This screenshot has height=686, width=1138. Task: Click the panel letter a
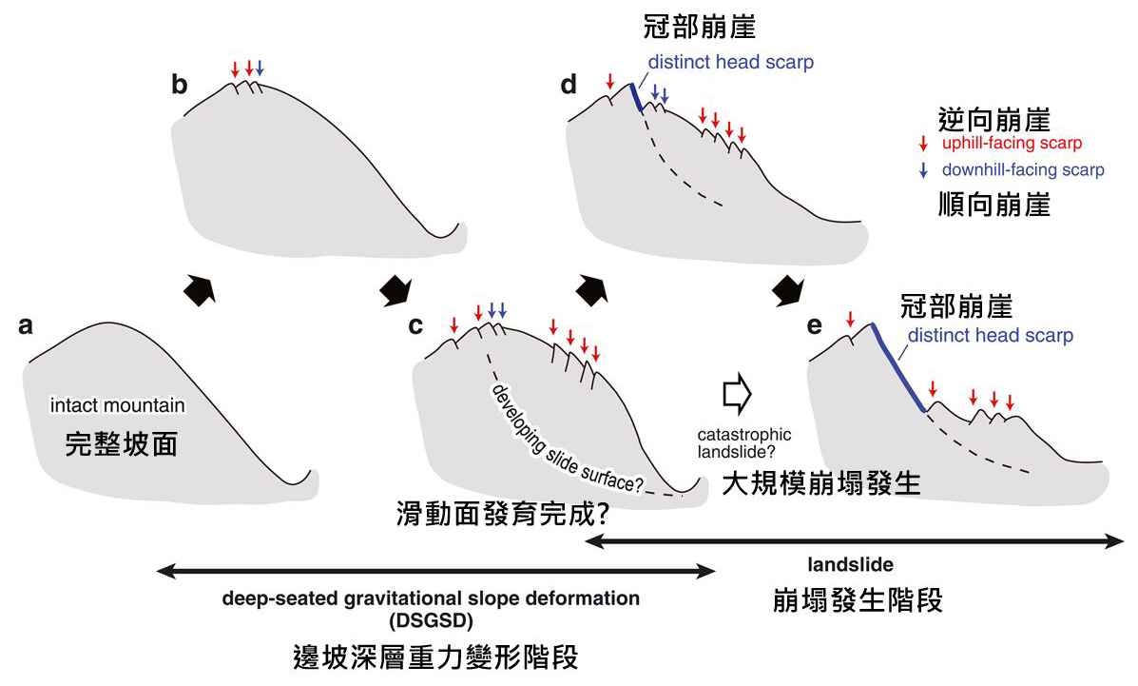(x=27, y=326)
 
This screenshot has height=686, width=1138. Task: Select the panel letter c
(x=415, y=326)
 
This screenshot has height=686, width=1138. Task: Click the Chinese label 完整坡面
(x=121, y=443)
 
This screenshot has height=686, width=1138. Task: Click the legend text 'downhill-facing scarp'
(x=1023, y=171)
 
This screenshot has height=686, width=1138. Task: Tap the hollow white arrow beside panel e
(x=738, y=391)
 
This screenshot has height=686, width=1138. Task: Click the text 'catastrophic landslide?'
(x=743, y=442)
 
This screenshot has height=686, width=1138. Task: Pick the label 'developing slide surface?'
(x=568, y=440)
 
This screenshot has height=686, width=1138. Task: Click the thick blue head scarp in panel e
(x=897, y=367)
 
